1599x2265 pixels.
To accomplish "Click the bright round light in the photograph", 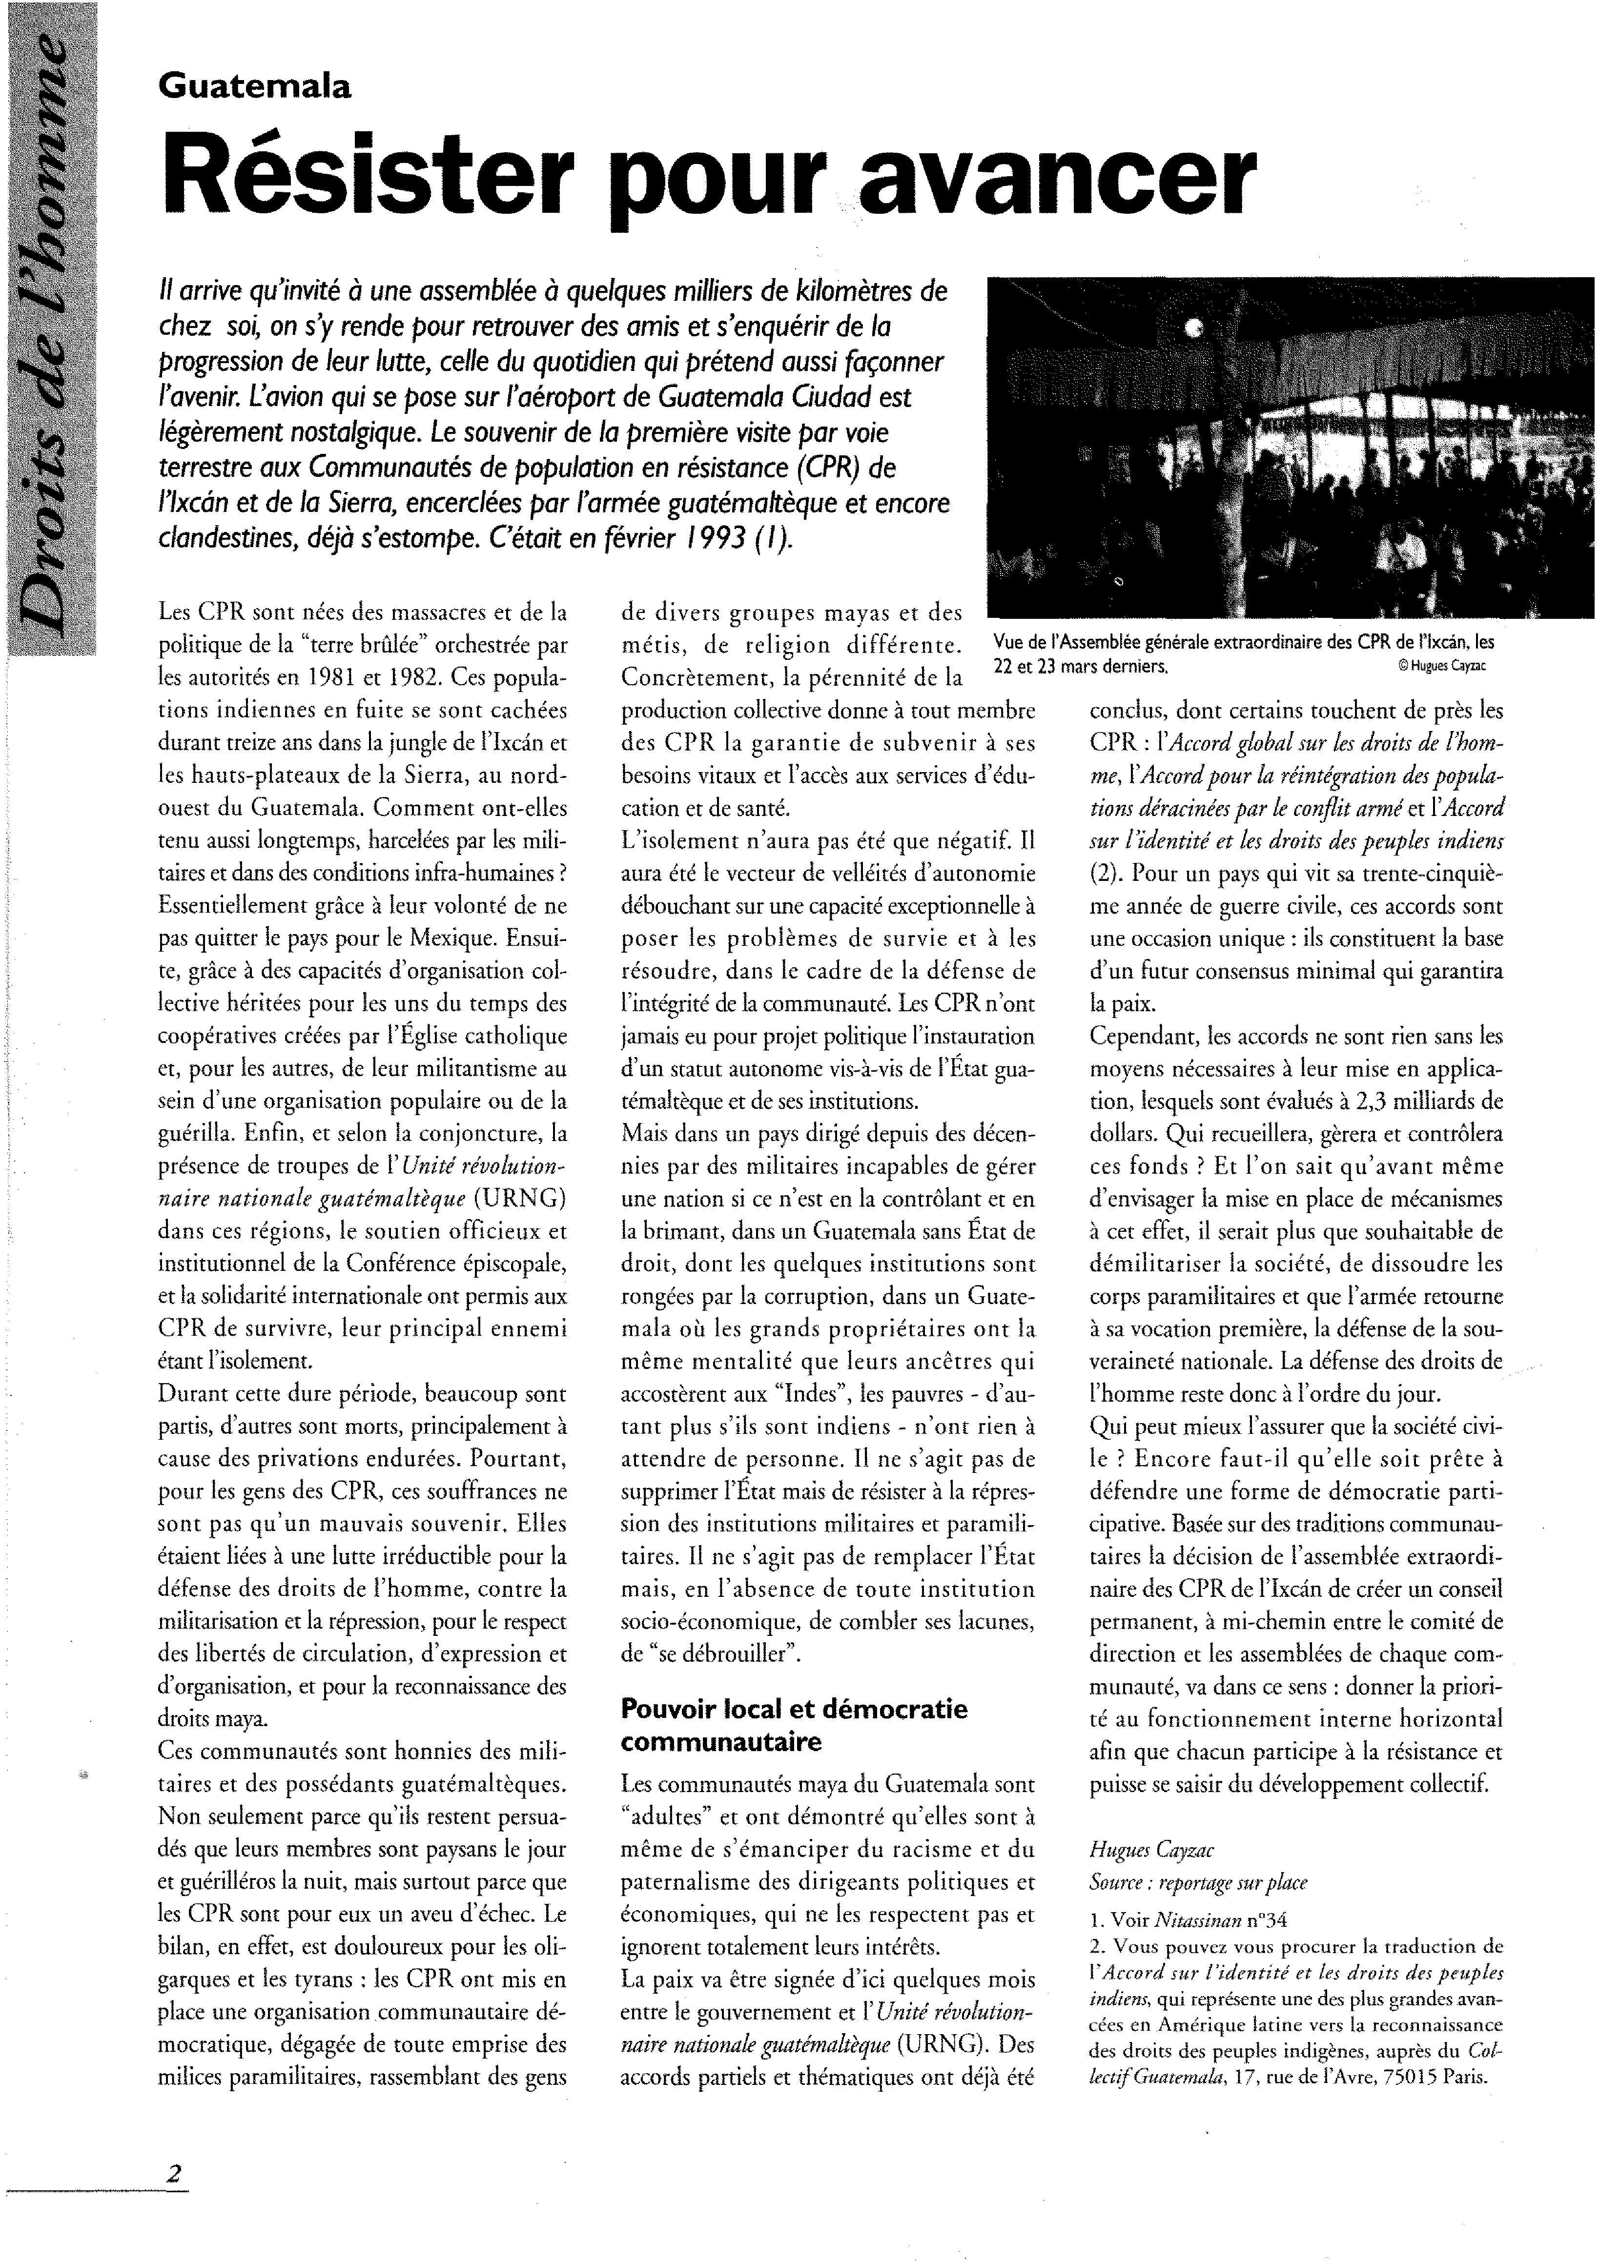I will click(x=1196, y=330).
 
